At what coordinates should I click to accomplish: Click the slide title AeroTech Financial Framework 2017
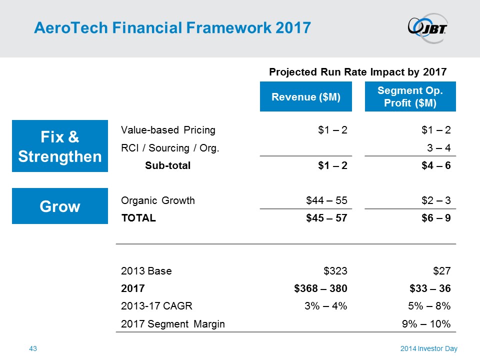pos(172,27)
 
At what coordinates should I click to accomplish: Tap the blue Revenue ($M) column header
pos(305,97)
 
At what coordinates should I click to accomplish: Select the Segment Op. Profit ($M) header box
pos(410,97)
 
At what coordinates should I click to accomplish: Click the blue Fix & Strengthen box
pos(60,146)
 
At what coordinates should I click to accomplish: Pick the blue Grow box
pos(60,206)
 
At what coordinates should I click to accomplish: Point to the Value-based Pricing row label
pos(168,130)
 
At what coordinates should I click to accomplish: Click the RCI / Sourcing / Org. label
pos(170,148)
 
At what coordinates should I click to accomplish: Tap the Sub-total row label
pos(167,166)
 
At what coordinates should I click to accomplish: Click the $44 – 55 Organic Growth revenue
pos(326,201)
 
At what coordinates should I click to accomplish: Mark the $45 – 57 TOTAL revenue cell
pos(326,218)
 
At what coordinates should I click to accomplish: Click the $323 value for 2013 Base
pos(335,271)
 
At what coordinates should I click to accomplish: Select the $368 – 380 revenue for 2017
pos(320,289)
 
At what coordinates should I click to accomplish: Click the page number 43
pos(33,348)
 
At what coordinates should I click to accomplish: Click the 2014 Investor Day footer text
pos(428,348)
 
